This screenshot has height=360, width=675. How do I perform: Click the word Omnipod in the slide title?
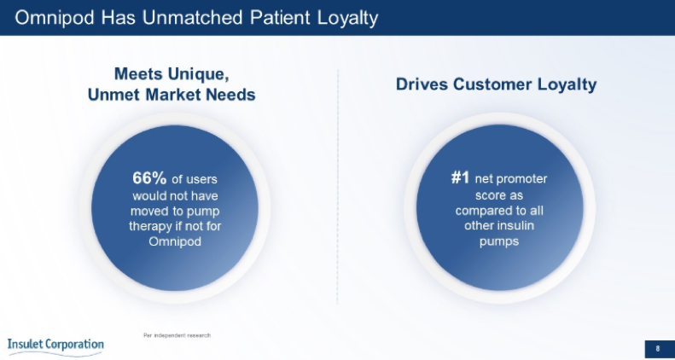(x=55, y=18)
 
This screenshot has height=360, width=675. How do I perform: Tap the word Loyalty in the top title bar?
(x=348, y=19)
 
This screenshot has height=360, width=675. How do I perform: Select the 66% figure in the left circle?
(x=149, y=177)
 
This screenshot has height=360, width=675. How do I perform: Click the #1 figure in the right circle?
(x=460, y=177)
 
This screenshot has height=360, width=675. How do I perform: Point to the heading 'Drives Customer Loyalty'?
(x=496, y=84)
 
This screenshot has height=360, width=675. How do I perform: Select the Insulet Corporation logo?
(x=55, y=346)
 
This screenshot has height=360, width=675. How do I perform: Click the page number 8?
(x=657, y=349)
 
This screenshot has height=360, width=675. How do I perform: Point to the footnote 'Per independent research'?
(x=177, y=335)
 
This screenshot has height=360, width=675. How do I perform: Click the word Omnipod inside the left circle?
(x=175, y=241)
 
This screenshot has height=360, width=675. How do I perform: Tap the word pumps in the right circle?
(x=499, y=241)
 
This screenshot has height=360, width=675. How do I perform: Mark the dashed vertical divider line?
(x=338, y=187)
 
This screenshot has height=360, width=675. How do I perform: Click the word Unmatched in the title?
(x=194, y=18)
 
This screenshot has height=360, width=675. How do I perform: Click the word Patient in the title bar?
(x=280, y=18)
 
